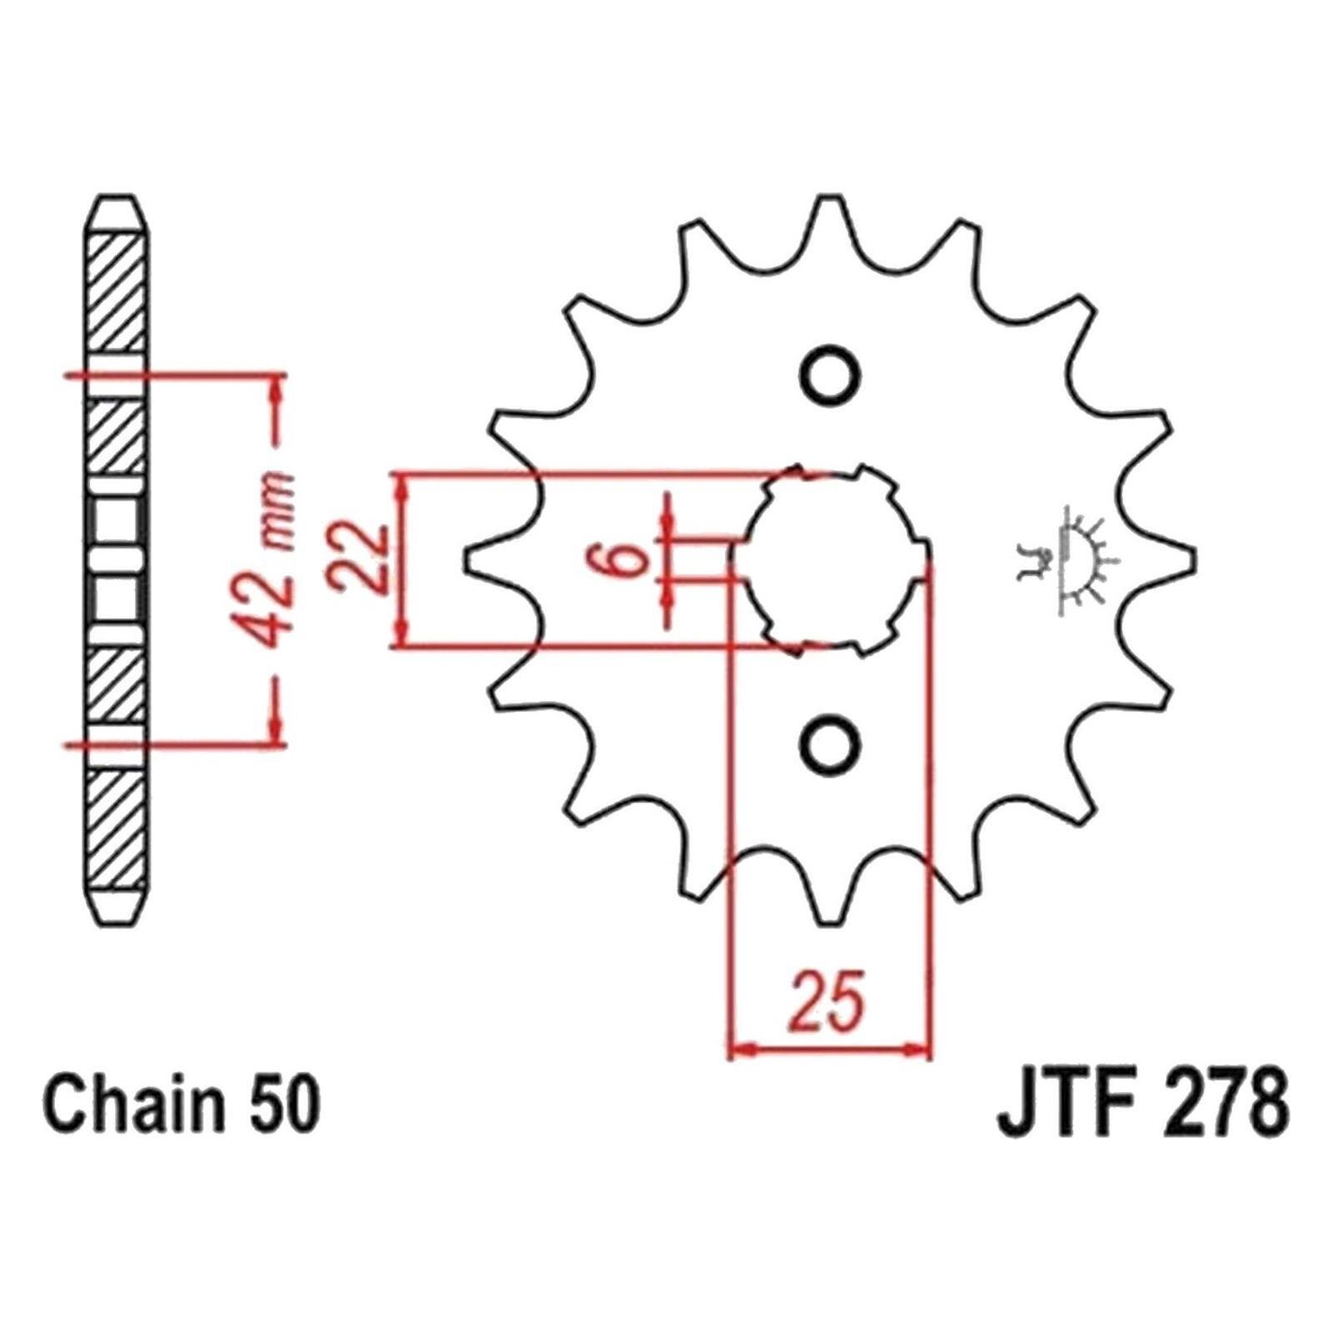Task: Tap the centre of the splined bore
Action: (x=831, y=559)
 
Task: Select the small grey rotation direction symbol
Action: (x=1067, y=559)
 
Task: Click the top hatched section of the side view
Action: (x=117, y=296)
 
